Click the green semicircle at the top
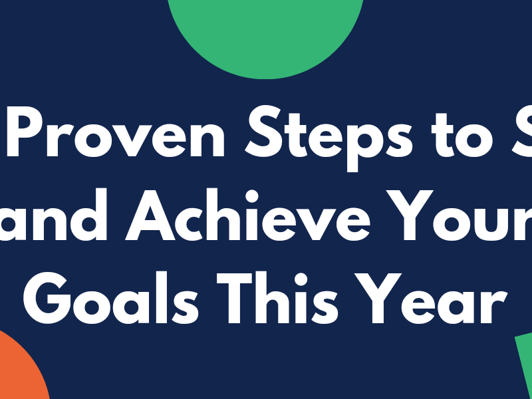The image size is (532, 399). [265, 33]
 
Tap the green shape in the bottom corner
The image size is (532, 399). [525, 366]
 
